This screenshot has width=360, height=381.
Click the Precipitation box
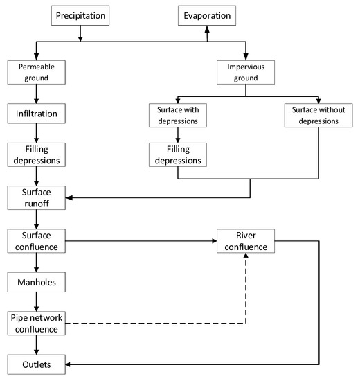(x=80, y=15)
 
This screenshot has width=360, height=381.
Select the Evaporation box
(x=207, y=15)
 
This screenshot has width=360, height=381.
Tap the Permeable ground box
(x=37, y=73)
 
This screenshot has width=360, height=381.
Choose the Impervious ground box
(x=246, y=73)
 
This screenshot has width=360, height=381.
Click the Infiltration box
(x=37, y=114)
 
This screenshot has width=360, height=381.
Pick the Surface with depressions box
(x=178, y=116)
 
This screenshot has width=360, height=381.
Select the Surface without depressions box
(x=318, y=116)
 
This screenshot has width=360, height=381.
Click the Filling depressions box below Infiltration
(x=37, y=154)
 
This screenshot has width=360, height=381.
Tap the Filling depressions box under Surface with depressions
(x=178, y=154)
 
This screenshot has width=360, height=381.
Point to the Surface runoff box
(x=37, y=198)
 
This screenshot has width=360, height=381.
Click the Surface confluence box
(x=37, y=241)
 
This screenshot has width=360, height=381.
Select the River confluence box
(x=246, y=241)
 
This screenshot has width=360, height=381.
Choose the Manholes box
(x=37, y=282)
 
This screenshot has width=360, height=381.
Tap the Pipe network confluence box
(x=37, y=324)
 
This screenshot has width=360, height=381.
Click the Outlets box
(x=37, y=364)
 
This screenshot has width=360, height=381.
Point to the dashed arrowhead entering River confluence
(x=246, y=256)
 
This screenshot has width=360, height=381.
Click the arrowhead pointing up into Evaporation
(x=207, y=29)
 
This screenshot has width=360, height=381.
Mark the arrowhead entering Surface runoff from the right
(x=69, y=198)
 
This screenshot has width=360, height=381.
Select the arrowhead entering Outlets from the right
(x=68, y=364)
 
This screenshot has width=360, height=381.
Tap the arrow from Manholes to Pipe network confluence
(x=37, y=301)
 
